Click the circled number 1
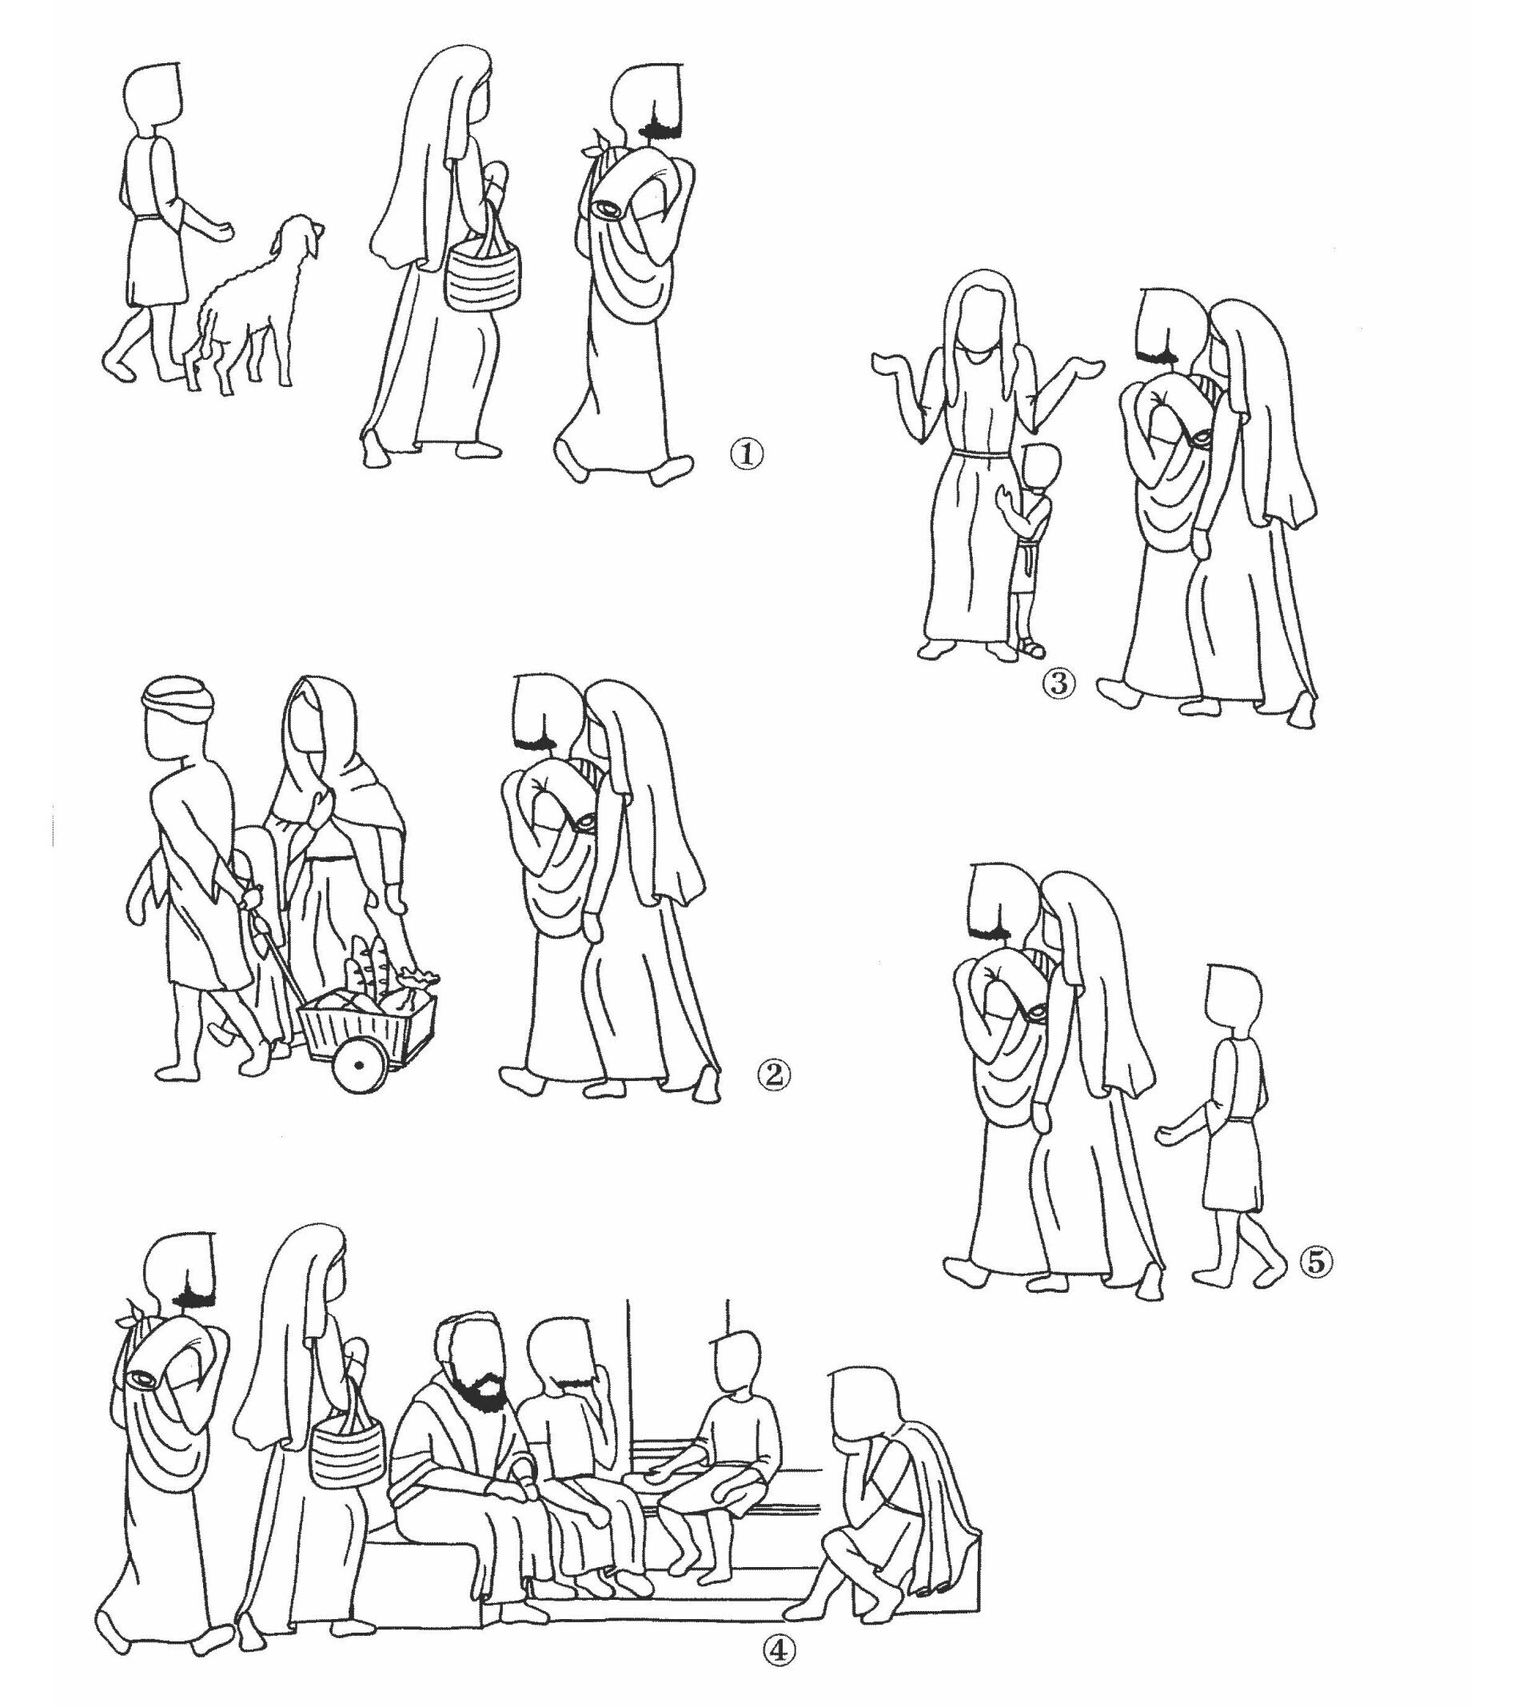coord(748,456)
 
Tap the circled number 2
coord(774,1074)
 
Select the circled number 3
coord(1060,683)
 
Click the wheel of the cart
coord(359,1065)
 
